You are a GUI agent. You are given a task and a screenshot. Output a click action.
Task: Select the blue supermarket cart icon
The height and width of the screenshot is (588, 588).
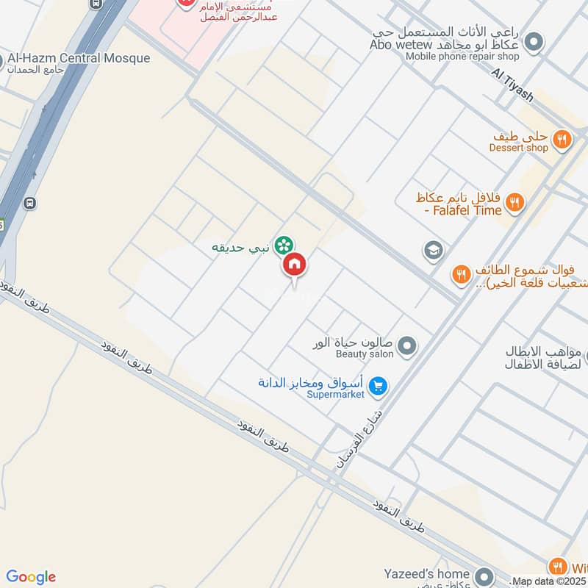coord(378,385)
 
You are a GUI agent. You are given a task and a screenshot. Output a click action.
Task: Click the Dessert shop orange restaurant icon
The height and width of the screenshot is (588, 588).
coord(562,139)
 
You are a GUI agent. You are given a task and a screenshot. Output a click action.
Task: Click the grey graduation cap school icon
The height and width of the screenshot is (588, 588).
coord(434,251)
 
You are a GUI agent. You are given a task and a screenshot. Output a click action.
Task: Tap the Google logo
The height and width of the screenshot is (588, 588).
coord(31,577)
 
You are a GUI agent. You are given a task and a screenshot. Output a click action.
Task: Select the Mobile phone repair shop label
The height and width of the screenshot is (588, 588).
coord(462,57)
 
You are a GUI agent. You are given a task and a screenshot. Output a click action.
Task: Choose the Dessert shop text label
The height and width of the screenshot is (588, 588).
coord(519,148)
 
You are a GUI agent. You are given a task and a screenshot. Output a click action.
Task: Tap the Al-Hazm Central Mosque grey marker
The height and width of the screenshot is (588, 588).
coord(2,59)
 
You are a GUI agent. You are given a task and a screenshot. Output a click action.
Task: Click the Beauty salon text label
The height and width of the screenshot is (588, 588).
coord(365,354)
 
